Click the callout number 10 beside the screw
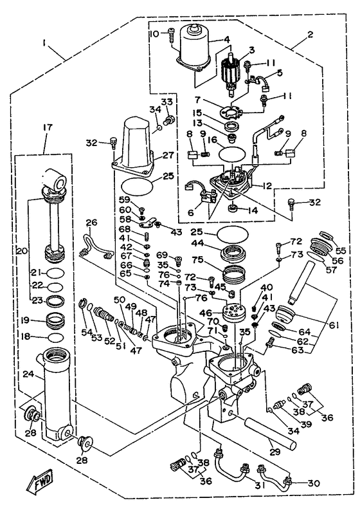pyautogui.click(x=154, y=33)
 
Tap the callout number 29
pyautogui.click(x=274, y=451)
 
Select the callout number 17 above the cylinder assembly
pyautogui.click(x=47, y=128)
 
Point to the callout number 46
pyautogui.click(x=206, y=313)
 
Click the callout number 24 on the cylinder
pyautogui.click(x=29, y=374)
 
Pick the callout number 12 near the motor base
pyautogui.click(x=267, y=186)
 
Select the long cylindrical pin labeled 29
pyautogui.click(x=270, y=433)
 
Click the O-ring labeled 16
pyautogui.click(x=234, y=154)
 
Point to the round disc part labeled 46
pyautogui.click(x=233, y=311)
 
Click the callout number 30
pyautogui.click(x=314, y=483)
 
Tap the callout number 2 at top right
pyautogui.click(x=310, y=34)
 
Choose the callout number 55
pyautogui.click(x=340, y=250)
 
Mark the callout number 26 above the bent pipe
pyautogui.click(x=91, y=223)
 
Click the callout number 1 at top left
pyautogui.click(x=44, y=43)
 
